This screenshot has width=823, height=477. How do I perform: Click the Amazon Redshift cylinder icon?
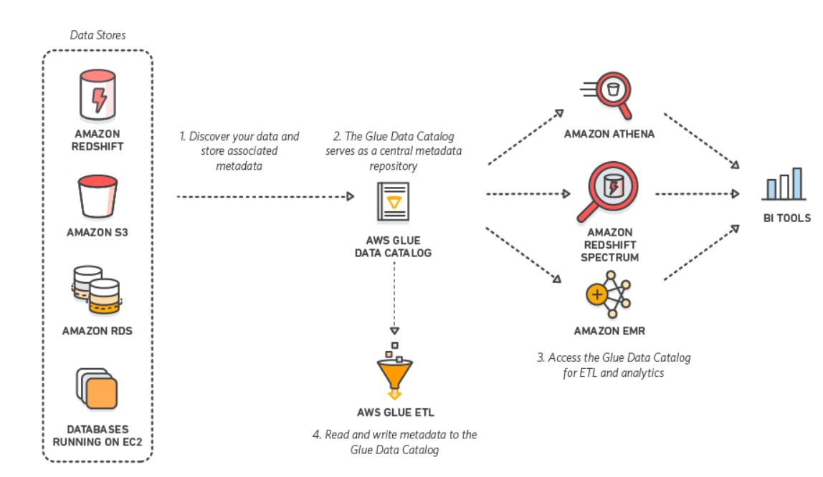tap(97, 93)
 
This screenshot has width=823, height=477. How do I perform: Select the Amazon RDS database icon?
tap(96, 289)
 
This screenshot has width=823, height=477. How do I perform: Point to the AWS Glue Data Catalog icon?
tap(393, 203)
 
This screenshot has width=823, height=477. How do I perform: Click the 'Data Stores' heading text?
tap(97, 34)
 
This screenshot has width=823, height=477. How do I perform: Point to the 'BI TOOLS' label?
tap(786, 218)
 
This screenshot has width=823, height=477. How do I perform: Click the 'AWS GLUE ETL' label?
tap(395, 413)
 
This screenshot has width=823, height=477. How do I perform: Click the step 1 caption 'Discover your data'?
tap(239, 150)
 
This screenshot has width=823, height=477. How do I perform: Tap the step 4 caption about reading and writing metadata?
tap(395, 442)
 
